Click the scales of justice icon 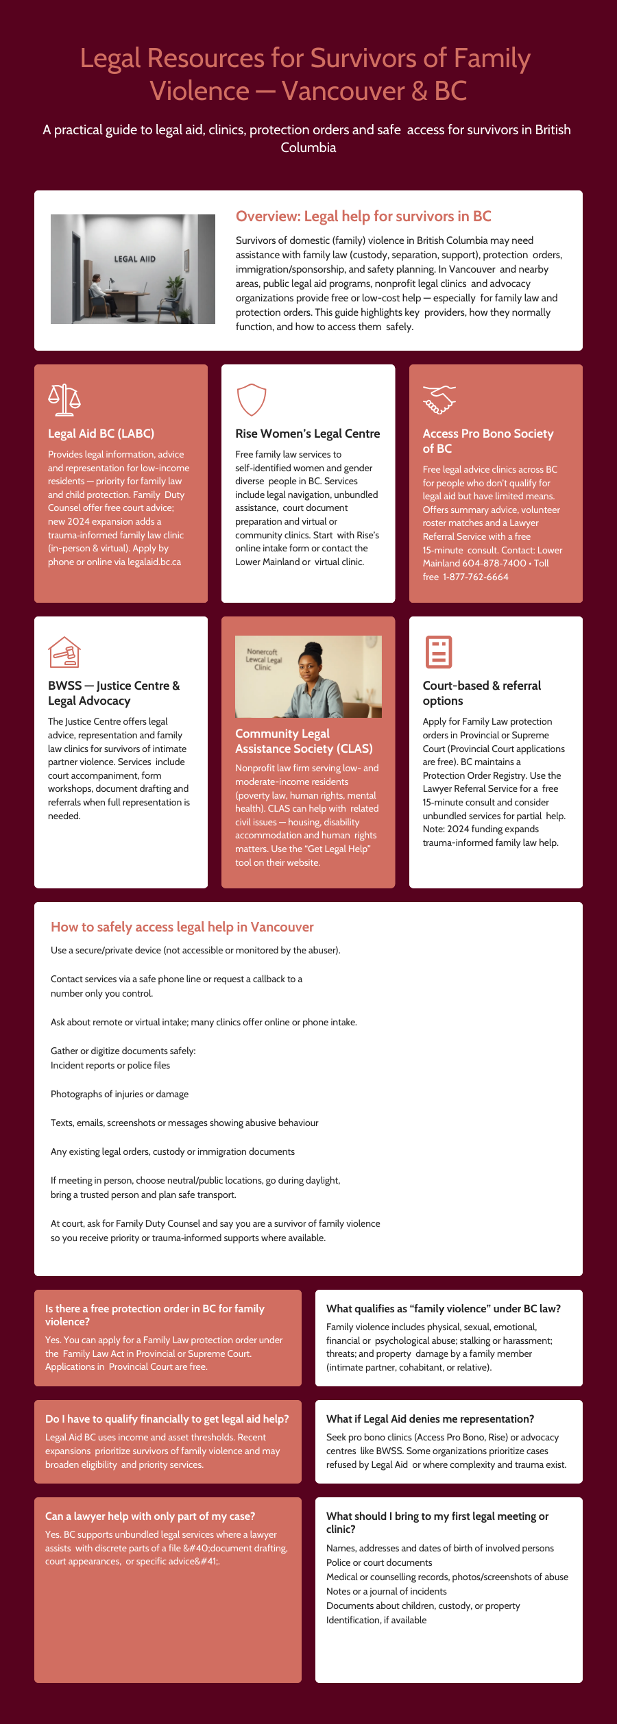pyautogui.click(x=64, y=400)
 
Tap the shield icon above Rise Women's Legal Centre pyautogui.click(x=251, y=399)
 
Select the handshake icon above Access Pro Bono pyautogui.click(x=439, y=400)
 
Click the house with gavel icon pyautogui.click(x=64, y=652)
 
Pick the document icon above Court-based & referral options pyautogui.click(x=439, y=652)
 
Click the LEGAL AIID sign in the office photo pyautogui.click(x=134, y=259)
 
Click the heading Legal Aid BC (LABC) pyautogui.click(x=101, y=434)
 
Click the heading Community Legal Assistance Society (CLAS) pyautogui.click(x=304, y=741)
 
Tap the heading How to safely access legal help pyautogui.click(x=182, y=927)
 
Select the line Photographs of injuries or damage pyautogui.click(x=119, y=1094)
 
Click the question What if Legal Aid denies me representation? pyautogui.click(x=430, y=1419)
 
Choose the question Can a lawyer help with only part pyautogui.click(x=150, y=1516)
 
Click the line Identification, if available pyautogui.click(x=376, y=1620)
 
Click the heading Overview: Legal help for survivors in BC pyautogui.click(x=363, y=216)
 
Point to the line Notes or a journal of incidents pyautogui.click(x=386, y=1591)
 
